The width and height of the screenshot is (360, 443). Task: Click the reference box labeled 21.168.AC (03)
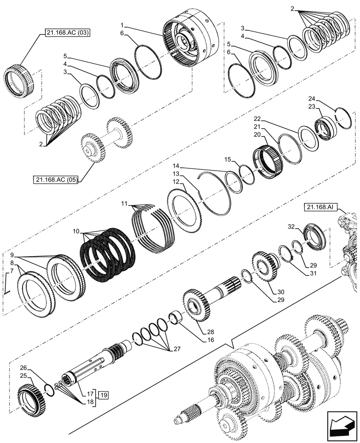pyautogui.click(x=67, y=33)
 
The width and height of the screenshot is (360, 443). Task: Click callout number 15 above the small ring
pyautogui.click(x=227, y=159)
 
